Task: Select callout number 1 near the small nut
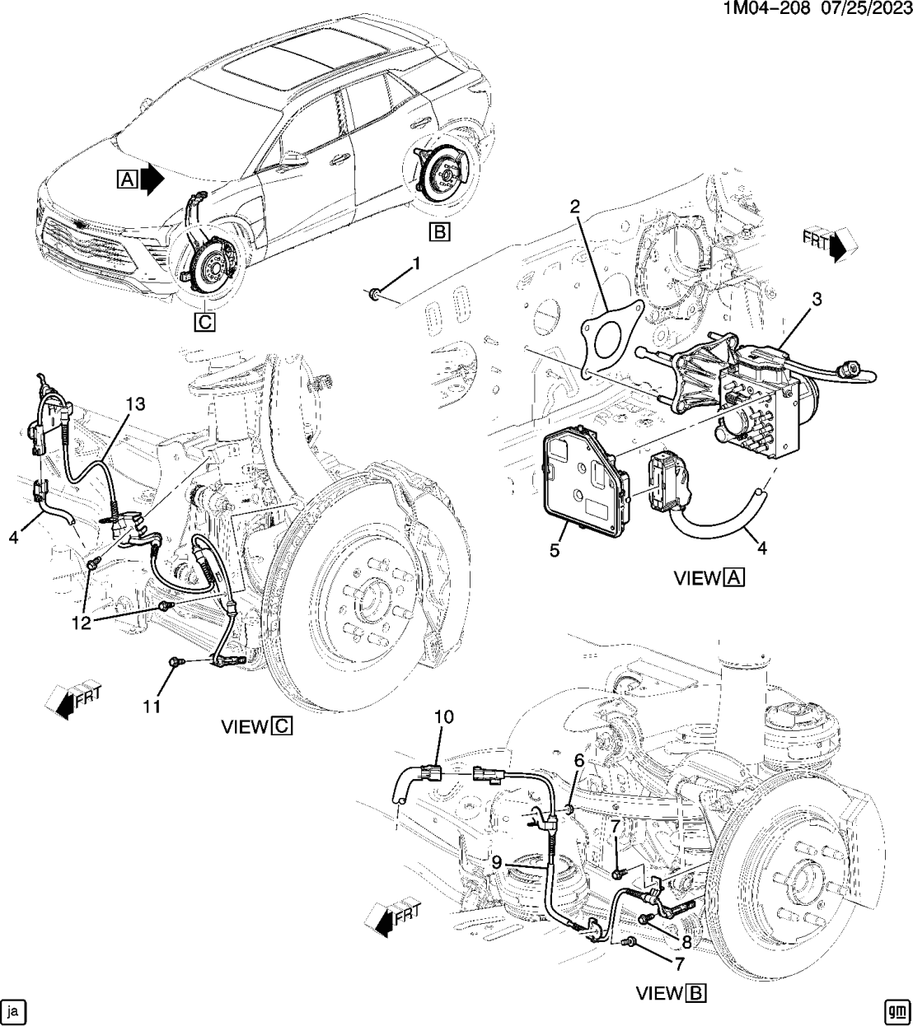pyautogui.click(x=416, y=263)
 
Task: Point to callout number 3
pyautogui.click(x=817, y=301)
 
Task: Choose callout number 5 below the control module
pyautogui.click(x=554, y=550)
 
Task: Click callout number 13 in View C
pyautogui.click(x=135, y=403)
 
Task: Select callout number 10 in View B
pyautogui.click(x=444, y=717)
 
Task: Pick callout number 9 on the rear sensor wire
pyautogui.click(x=497, y=862)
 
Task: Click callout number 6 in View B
pyautogui.click(x=579, y=763)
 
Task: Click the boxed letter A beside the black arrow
pyautogui.click(x=127, y=179)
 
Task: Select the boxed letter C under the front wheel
pyautogui.click(x=204, y=322)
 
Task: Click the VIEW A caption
pyautogui.click(x=709, y=578)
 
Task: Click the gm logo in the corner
pyautogui.click(x=897, y=1009)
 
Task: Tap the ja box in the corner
pyautogui.click(x=15, y=1009)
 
